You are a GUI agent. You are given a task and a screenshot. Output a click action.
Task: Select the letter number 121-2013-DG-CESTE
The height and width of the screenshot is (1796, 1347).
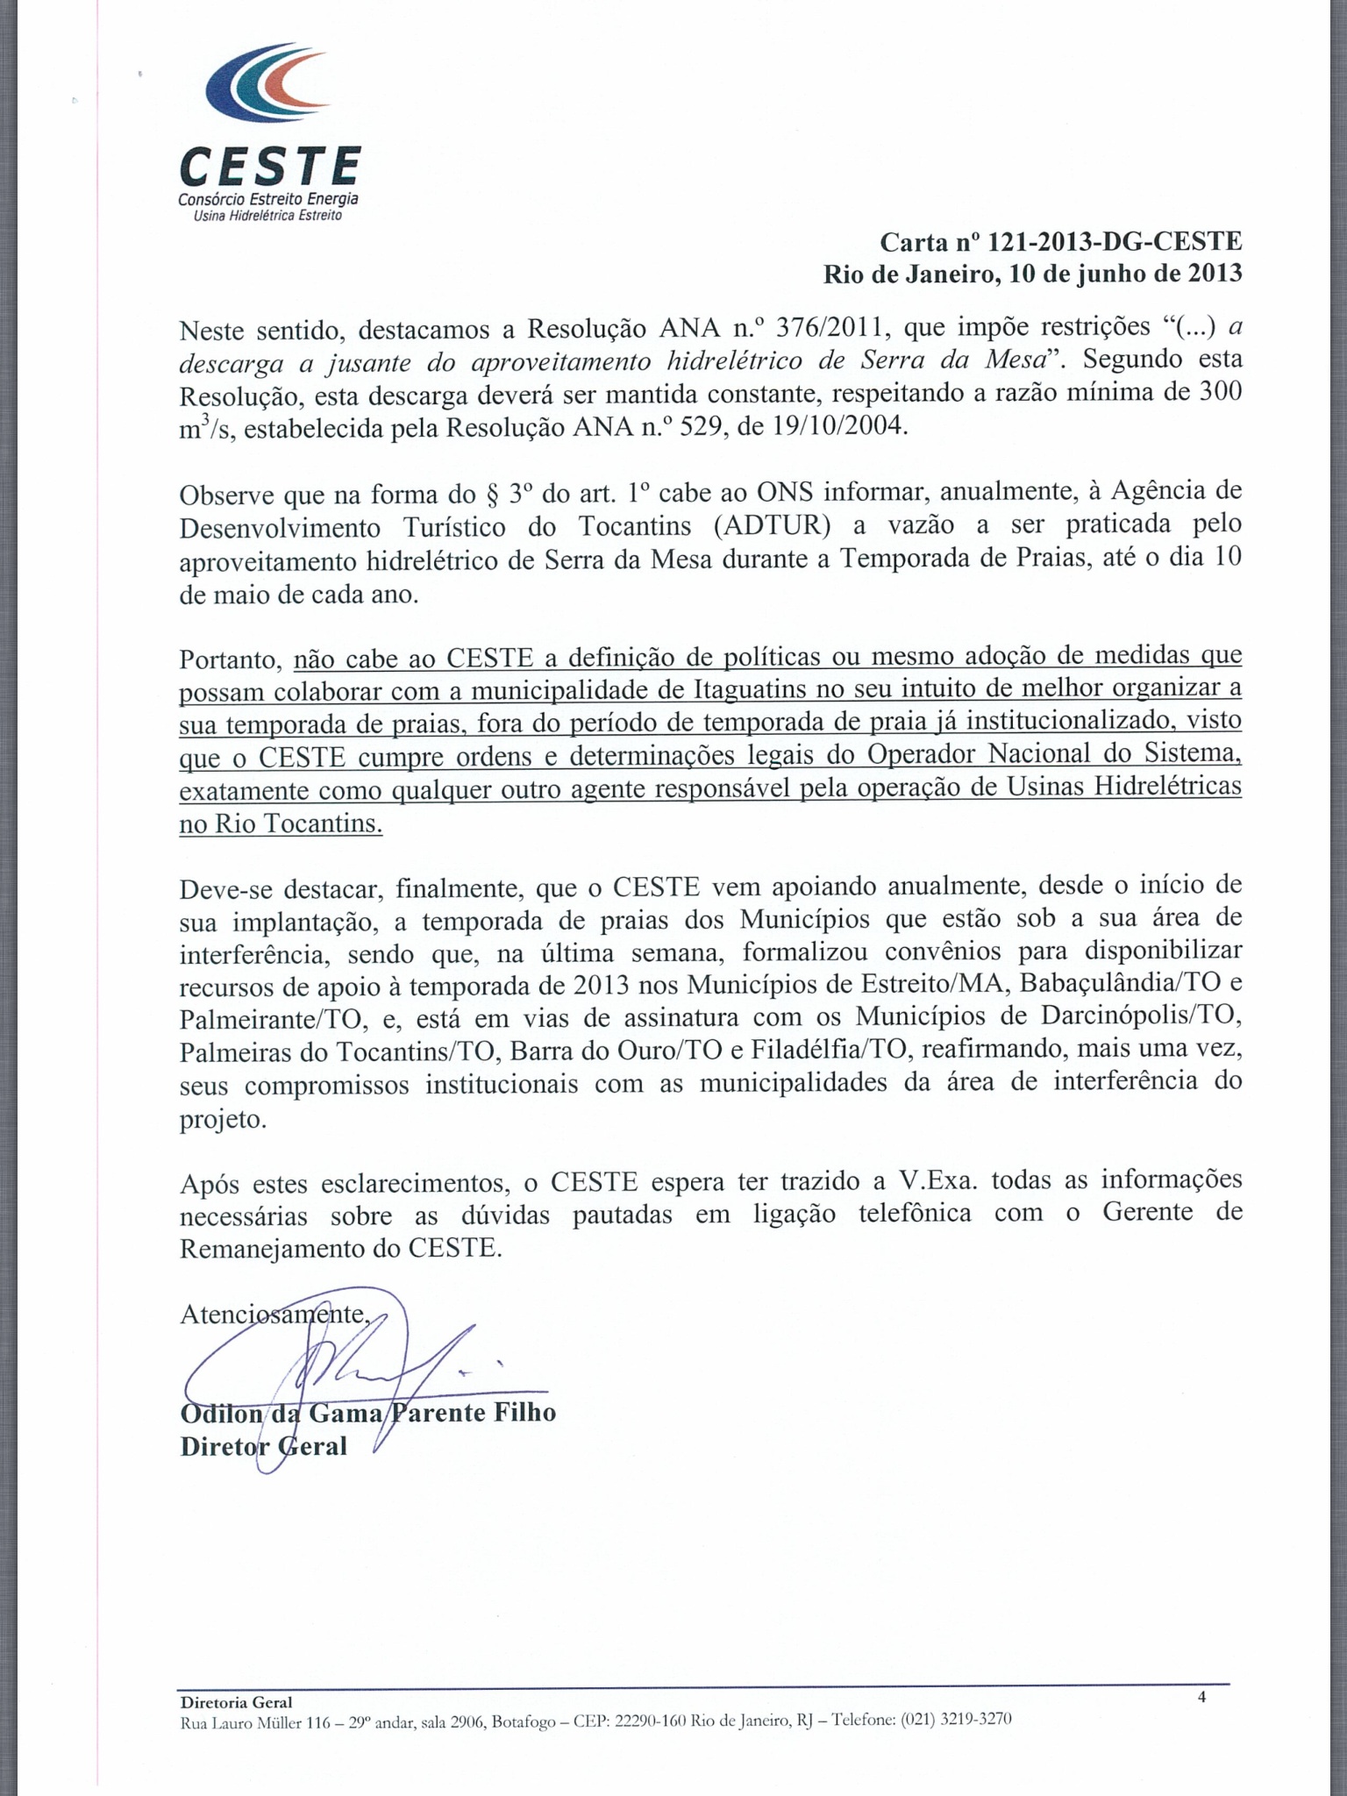click(1115, 241)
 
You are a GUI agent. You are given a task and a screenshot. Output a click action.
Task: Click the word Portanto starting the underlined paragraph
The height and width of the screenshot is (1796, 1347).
click(230, 659)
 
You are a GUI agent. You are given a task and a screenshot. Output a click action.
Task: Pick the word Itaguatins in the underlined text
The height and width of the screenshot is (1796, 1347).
click(749, 690)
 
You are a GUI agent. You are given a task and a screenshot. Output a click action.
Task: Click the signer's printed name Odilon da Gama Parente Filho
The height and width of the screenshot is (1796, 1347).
click(368, 1413)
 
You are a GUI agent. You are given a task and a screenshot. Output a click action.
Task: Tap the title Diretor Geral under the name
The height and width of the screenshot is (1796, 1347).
click(263, 1446)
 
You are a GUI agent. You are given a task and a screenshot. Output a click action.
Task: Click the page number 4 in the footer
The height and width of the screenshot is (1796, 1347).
click(1201, 1697)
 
